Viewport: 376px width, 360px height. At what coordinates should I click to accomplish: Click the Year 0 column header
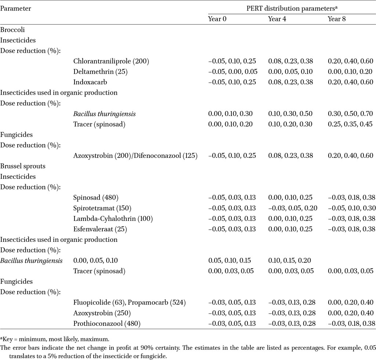[x=217, y=19]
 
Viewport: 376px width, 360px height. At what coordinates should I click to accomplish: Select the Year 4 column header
[x=277, y=19]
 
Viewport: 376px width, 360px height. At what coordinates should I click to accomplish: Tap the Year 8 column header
[x=337, y=19]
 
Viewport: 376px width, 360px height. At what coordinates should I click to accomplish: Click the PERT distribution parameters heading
[x=292, y=9]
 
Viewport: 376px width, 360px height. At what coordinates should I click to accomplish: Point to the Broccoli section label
[x=12, y=30]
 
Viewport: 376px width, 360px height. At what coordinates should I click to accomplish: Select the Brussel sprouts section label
[x=23, y=166]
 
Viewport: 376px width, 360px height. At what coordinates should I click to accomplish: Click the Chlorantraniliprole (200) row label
[x=111, y=61]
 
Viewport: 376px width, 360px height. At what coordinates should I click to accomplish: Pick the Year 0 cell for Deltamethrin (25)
[x=232, y=72]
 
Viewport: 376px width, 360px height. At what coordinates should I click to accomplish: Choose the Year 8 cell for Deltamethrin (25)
[x=350, y=72]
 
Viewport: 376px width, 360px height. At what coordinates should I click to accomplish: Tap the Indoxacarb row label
[x=90, y=82]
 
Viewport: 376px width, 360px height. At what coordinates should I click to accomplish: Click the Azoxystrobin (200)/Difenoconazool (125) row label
[x=135, y=156]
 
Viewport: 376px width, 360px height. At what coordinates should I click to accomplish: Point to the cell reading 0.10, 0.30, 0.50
[x=290, y=114]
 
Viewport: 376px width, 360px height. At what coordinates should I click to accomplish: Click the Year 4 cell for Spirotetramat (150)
[x=293, y=208]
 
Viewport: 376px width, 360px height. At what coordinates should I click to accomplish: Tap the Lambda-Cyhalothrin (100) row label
[x=113, y=219]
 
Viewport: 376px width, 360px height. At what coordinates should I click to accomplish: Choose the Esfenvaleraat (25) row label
[x=100, y=229]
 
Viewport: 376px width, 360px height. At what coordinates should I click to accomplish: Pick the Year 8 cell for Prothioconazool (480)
[x=351, y=324]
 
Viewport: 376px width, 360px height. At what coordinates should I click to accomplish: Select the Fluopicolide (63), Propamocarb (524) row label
[x=130, y=302]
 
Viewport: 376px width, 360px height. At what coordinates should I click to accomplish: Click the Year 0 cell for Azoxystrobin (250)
[x=232, y=313]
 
